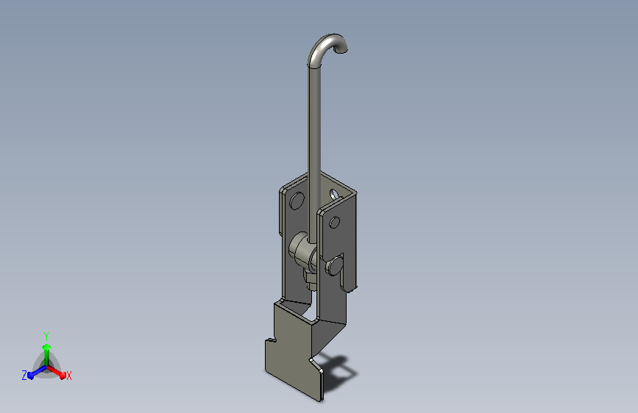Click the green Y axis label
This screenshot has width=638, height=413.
coord(46,337)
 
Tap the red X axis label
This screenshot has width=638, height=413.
coord(68,376)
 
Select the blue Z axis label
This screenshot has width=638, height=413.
coord(24,376)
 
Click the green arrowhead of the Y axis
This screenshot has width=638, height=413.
coord(46,347)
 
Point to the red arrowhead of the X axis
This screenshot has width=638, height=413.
coord(63,375)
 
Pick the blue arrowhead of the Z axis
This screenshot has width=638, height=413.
coord(30,376)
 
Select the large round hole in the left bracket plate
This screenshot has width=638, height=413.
coord(297,201)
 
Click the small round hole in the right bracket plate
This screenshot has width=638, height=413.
coord(335,223)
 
